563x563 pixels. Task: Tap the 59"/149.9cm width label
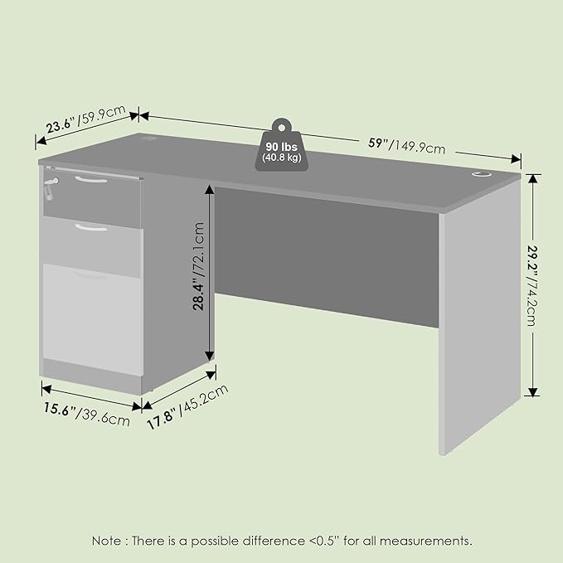[x=407, y=146]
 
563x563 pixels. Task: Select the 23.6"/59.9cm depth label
[x=86, y=119]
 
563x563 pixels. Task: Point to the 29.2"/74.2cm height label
[x=532, y=285]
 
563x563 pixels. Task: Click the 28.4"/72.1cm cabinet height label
[x=198, y=266]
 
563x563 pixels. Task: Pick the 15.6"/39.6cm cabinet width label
[x=86, y=415]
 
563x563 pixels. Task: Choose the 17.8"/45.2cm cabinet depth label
[x=187, y=407]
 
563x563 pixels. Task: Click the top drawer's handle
[x=91, y=180]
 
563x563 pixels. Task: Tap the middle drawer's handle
[x=91, y=227]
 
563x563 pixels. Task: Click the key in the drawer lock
[x=50, y=188]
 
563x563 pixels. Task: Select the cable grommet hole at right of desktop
[x=481, y=174]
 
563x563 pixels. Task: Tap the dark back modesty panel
[x=327, y=257]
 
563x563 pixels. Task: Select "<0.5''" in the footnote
[x=324, y=541]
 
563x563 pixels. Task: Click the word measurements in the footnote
[x=425, y=541]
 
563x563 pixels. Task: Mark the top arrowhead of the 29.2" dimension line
[x=533, y=178]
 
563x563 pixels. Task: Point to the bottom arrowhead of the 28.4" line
[x=209, y=357]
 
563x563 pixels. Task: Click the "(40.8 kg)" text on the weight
[x=282, y=158]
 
